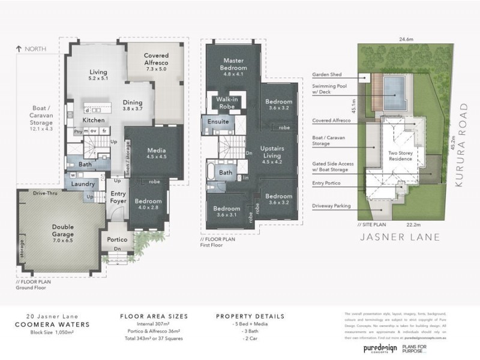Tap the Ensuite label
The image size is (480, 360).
tap(218, 121)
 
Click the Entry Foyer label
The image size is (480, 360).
tap(118, 199)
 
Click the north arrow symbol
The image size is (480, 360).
tap(20, 49)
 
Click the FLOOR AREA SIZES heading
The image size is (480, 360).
tap(154, 316)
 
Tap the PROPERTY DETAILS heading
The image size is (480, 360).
tap(250, 316)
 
